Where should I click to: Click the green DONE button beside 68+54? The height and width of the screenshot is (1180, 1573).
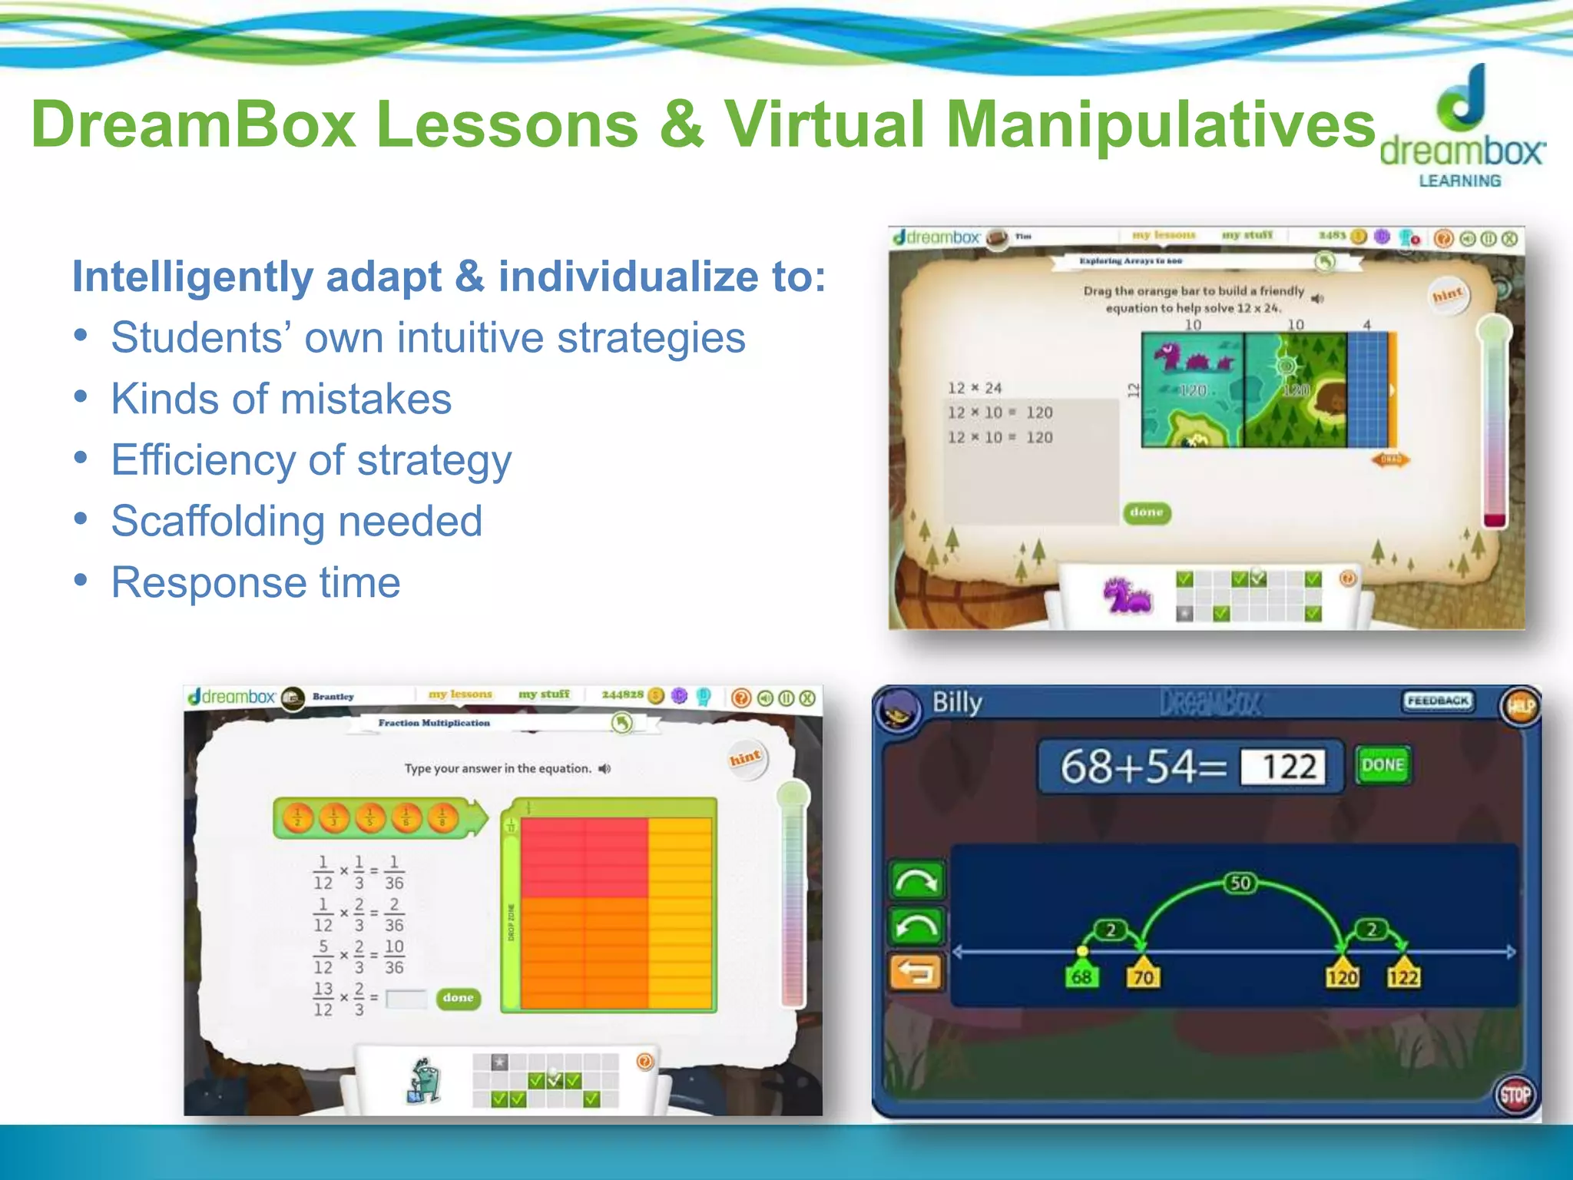point(1383,765)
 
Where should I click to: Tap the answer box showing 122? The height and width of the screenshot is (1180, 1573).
point(1283,767)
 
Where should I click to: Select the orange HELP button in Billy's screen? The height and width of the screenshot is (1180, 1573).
point(1520,706)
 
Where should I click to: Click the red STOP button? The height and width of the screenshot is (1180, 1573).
point(1515,1095)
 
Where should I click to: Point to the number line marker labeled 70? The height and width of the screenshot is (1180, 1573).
point(1144,976)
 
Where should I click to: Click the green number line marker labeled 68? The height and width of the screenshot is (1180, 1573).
point(1081,976)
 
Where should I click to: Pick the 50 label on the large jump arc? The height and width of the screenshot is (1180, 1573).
point(1240,883)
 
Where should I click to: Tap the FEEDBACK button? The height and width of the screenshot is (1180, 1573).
point(1438,701)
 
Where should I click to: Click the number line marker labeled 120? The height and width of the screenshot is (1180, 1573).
point(1342,976)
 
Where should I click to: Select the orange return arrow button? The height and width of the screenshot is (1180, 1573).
point(916,973)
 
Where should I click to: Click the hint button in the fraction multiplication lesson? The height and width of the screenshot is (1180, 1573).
point(745,759)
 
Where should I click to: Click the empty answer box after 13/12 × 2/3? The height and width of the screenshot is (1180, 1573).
point(406,999)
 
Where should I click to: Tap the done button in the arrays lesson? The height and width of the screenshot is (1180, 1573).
point(1147,512)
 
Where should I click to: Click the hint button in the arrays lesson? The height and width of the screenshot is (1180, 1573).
point(1448,295)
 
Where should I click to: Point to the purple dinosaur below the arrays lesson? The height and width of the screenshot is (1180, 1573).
point(1126,596)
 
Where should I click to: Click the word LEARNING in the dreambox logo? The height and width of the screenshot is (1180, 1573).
point(1459,181)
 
